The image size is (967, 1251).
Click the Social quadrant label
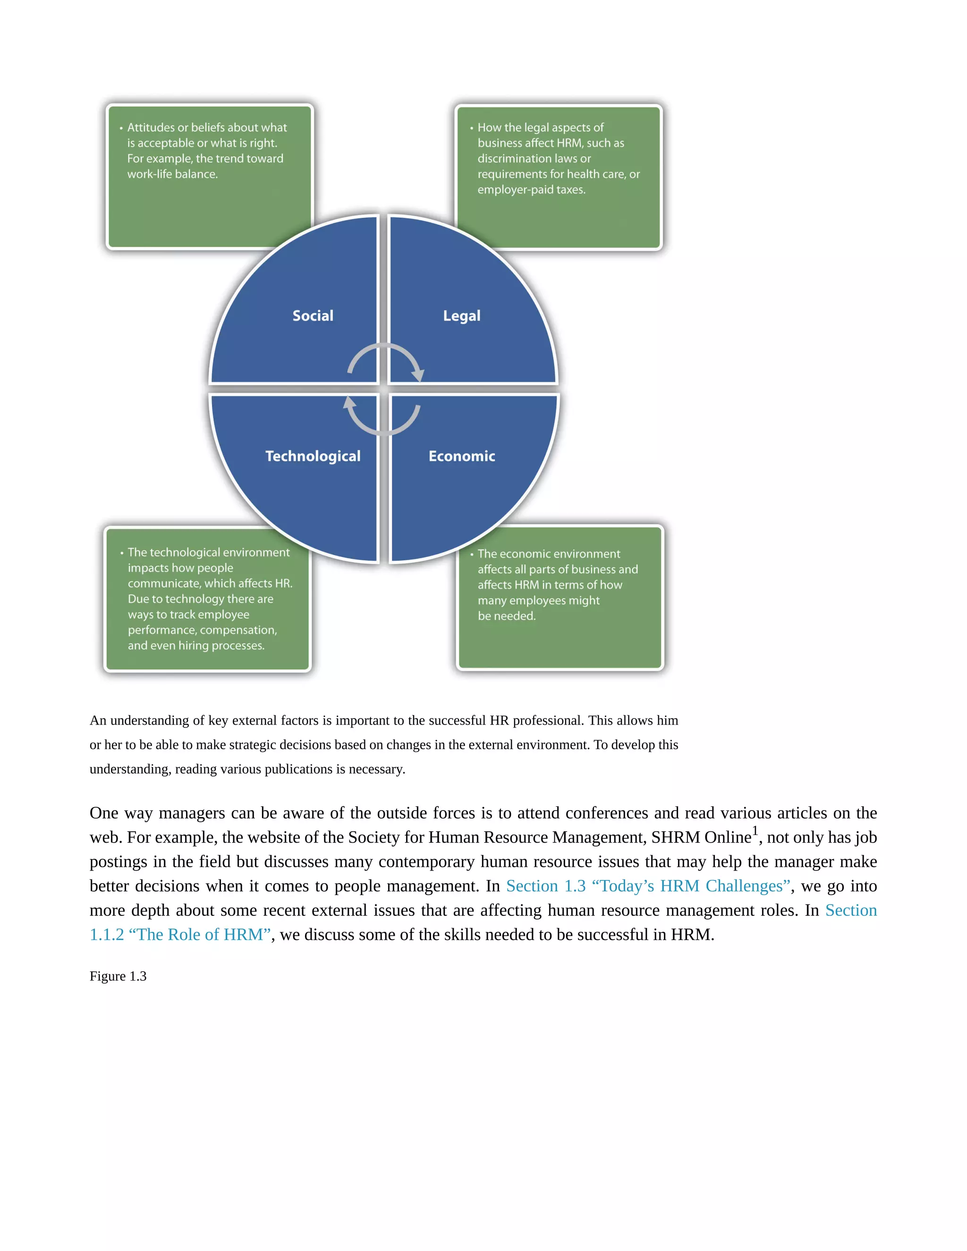click(313, 316)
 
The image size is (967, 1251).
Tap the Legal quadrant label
click(462, 316)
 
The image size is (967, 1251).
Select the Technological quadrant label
click(313, 456)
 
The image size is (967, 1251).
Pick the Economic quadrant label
click(462, 456)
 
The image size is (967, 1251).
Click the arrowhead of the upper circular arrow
click(419, 375)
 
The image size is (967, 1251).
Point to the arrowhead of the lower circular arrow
click(349, 403)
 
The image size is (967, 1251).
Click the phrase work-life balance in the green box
click(172, 174)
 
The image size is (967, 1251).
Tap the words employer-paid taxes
click(531, 190)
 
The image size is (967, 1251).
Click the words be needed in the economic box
click(507, 616)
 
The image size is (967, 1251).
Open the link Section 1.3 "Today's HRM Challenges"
click(648, 886)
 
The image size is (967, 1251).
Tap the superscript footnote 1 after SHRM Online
click(755, 830)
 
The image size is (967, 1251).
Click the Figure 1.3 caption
click(118, 976)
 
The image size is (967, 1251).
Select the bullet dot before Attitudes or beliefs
click(121, 128)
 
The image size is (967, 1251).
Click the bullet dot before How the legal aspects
click(472, 128)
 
